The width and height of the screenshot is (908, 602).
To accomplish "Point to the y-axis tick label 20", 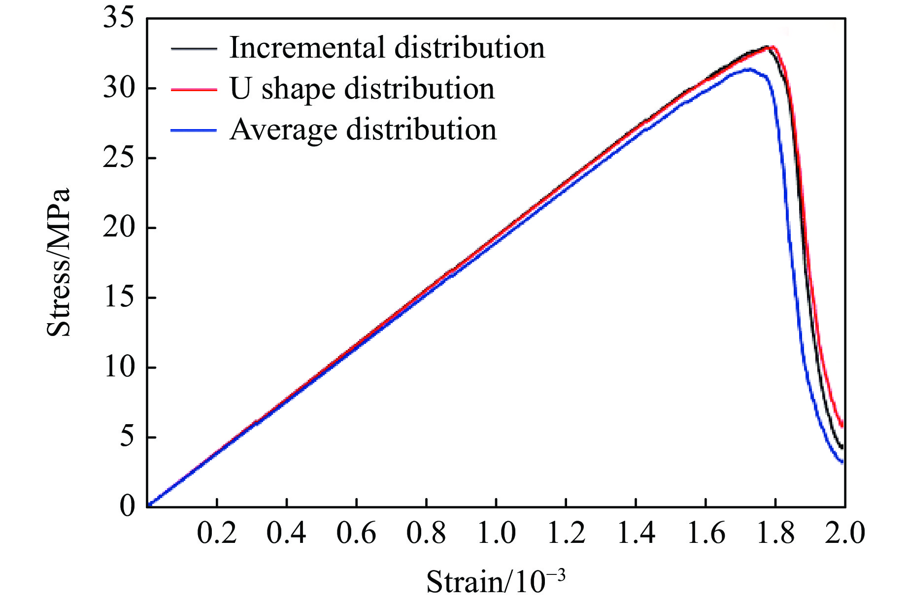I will [x=118, y=228].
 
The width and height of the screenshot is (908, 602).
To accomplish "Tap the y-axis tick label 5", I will [x=127, y=437].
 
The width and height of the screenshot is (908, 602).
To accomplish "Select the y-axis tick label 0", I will [x=127, y=506].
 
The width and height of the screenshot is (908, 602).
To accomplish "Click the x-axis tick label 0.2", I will [x=217, y=534].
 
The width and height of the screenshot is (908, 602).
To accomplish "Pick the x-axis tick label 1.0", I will [x=496, y=534].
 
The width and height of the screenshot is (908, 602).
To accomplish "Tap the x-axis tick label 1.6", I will [x=706, y=534].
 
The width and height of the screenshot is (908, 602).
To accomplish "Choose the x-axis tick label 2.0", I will [x=844, y=534].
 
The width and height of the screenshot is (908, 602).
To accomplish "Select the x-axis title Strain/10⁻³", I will [x=496, y=581].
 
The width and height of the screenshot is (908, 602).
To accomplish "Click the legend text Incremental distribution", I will [x=387, y=48].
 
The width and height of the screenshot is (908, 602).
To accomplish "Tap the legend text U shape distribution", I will [x=362, y=89].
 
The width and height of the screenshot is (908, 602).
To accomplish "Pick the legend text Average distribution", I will [x=363, y=130].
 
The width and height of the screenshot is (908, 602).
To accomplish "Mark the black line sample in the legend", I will [x=194, y=49].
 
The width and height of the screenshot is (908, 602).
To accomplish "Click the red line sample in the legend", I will [x=194, y=90].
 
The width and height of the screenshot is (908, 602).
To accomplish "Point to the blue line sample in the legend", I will [x=194, y=131].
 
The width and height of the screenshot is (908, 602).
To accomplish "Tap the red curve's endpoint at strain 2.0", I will [x=842, y=425].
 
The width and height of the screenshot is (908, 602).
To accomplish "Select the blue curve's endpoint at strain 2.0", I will [x=842, y=462].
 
